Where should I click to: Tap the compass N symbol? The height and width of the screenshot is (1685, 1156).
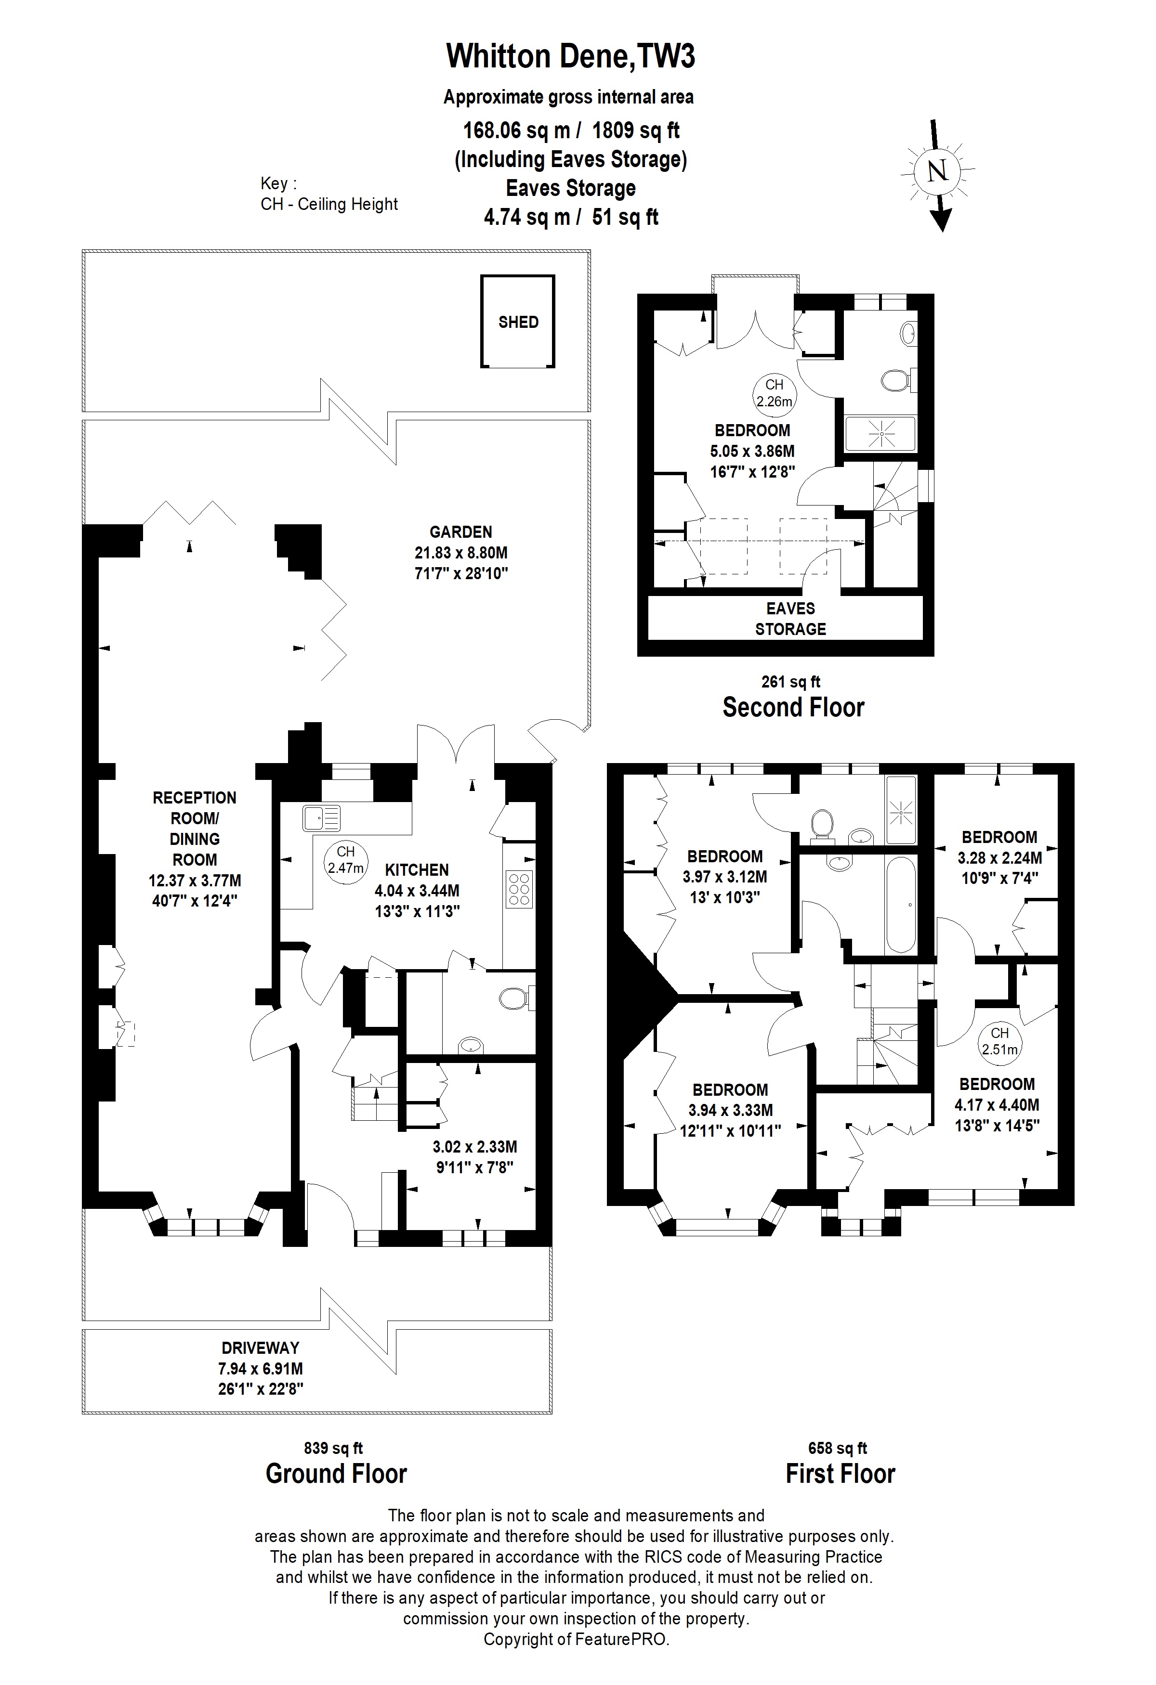[938, 172]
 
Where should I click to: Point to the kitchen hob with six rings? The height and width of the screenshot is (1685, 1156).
[519, 889]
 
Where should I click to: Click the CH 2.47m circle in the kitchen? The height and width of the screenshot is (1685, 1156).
[345, 860]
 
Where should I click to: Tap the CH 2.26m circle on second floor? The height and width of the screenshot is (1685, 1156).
[774, 392]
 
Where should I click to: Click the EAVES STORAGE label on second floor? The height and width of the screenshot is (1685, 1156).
[790, 619]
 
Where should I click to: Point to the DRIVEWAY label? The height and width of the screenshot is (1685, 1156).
[261, 1348]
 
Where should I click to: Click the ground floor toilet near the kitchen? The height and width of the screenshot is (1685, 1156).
[514, 999]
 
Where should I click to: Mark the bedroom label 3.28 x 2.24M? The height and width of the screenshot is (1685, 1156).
[999, 858]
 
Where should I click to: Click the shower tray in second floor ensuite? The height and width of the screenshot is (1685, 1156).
[881, 434]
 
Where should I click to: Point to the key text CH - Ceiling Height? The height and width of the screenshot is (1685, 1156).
[329, 205]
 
